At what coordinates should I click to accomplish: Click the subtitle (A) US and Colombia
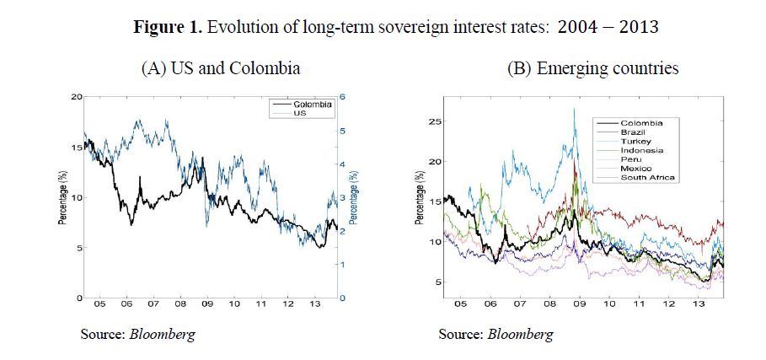[220, 68]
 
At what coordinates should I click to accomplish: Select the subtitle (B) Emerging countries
[592, 68]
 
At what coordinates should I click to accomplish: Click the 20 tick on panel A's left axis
[76, 97]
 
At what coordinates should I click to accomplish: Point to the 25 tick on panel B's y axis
[434, 121]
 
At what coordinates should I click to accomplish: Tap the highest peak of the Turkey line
[574, 108]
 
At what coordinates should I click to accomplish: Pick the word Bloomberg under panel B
[525, 334]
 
